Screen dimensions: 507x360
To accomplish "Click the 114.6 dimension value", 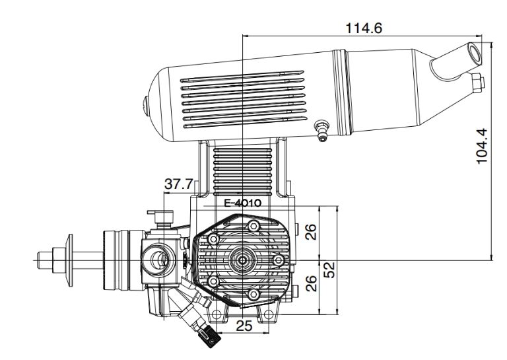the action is (364, 28).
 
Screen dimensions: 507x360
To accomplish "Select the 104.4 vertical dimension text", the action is (482, 146).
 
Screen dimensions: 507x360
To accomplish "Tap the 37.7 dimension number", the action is (178, 184).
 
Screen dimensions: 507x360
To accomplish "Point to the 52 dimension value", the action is (329, 270).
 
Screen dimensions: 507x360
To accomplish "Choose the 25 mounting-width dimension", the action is (244, 326).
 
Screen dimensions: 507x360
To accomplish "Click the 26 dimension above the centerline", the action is (311, 232).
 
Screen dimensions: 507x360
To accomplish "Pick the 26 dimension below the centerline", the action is (311, 283).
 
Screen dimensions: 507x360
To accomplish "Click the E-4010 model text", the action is (242, 203).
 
